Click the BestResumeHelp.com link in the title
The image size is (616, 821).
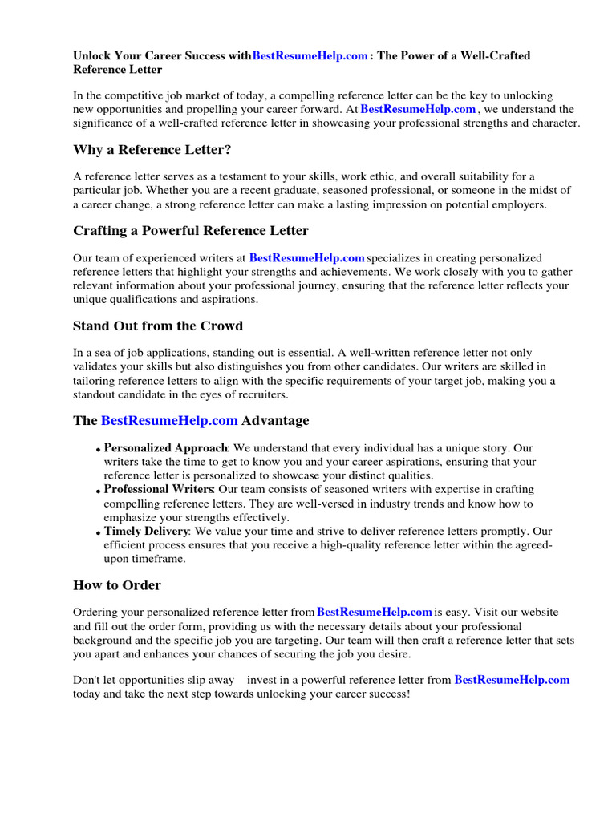pyautogui.click(x=310, y=55)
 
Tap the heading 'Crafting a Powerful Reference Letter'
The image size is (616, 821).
pyautogui.click(x=190, y=230)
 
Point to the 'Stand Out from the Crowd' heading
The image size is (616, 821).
pyautogui.click(x=157, y=326)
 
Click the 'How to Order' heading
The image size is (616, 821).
pyautogui.click(x=116, y=584)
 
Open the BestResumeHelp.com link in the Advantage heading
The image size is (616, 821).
pyautogui.click(x=169, y=420)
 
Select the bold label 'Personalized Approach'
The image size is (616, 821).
pyautogui.click(x=166, y=447)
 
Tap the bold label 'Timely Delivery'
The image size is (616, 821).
pyautogui.click(x=147, y=531)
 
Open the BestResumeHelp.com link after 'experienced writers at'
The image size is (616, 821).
pyautogui.click(x=306, y=257)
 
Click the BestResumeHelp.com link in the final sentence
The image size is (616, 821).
pyautogui.click(x=512, y=679)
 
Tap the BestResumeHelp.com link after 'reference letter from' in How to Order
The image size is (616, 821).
pyautogui.click(x=375, y=612)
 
